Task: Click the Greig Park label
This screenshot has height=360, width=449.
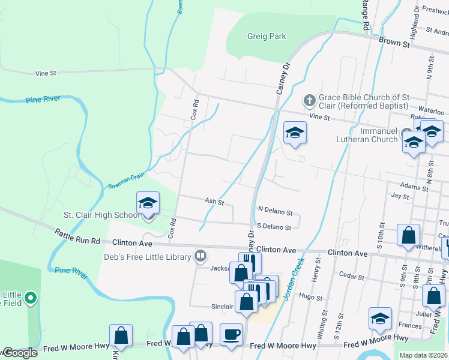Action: [x=267, y=37]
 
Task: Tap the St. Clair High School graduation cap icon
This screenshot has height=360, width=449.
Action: [x=148, y=203]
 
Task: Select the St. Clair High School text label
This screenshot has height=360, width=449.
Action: [x=101, y=215]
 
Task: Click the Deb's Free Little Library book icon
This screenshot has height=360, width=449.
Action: [x=201, y=256]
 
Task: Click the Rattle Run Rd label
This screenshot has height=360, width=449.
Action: [x=77, y=237]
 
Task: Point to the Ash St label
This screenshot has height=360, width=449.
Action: [x=214, y=202]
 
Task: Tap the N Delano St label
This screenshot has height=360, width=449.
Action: [x=275, y=212]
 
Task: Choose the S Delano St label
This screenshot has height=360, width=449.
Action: [x=274, y=227]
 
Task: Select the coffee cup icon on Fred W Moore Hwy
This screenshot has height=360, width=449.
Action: [x=231, y=334]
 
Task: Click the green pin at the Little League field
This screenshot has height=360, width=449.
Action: [x=32, y=297]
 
